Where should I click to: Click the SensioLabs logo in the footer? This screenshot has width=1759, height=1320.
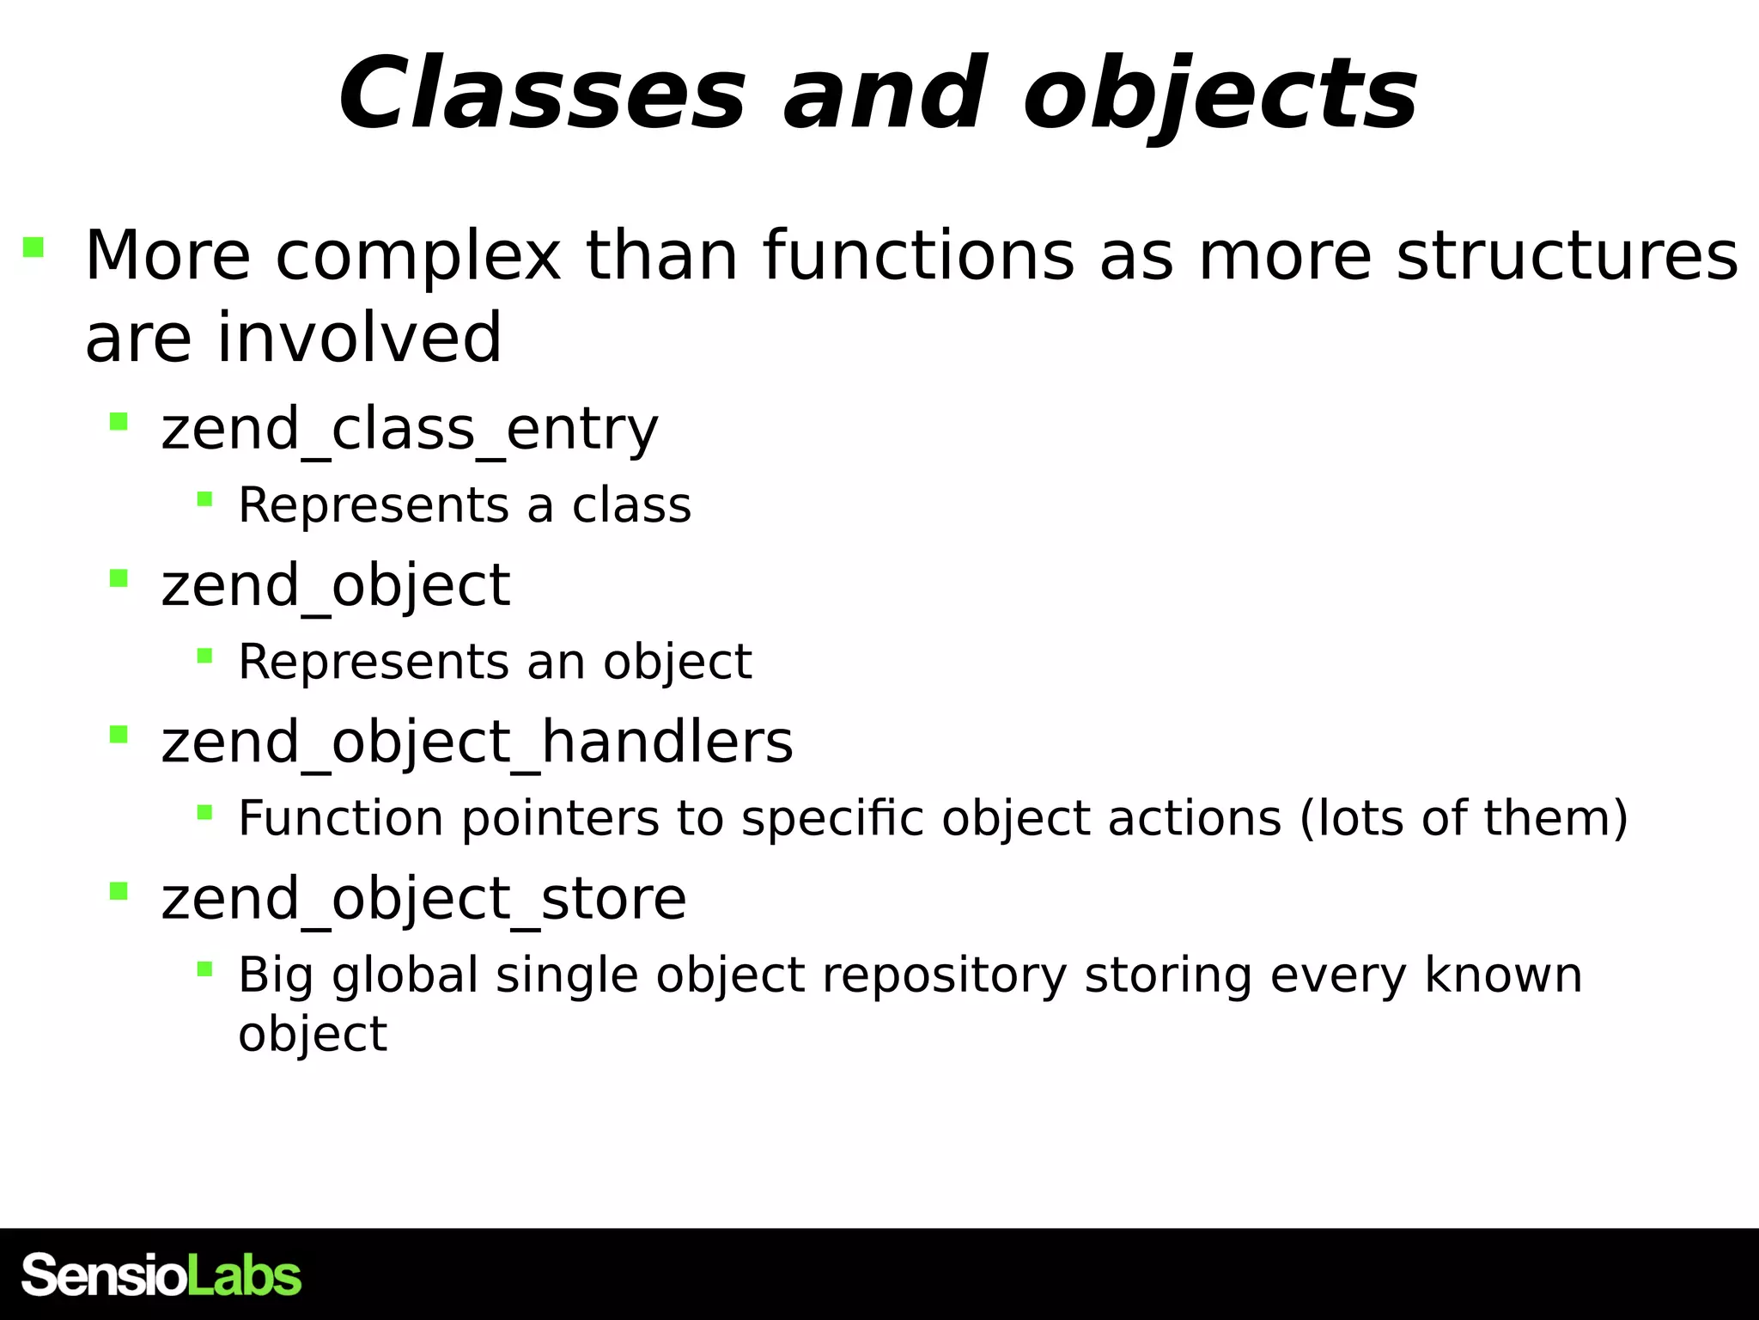point(161,1275)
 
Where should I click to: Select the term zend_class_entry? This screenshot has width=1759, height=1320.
point(409,429)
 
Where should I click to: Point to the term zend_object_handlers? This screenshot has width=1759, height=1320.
point(477,742)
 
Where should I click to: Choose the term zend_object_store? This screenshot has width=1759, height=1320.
point(423,899)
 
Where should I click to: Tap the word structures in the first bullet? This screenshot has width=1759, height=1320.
point(1567,256)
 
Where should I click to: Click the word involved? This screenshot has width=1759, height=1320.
point(359,338)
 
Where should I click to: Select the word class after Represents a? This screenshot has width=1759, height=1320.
point(631,505)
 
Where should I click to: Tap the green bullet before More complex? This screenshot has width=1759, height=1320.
point(33,247)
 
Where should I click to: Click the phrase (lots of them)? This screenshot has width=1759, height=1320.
point(1464,818)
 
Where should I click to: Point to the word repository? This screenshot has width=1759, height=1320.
point(943,975)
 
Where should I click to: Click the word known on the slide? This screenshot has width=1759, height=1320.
point(1503,975)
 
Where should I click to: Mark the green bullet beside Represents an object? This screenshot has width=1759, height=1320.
point(204,657)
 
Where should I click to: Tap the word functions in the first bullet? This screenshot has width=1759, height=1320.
point(917,256)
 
